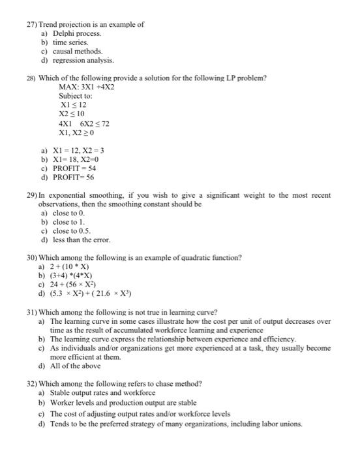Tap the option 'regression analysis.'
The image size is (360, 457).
(x=83, y=59)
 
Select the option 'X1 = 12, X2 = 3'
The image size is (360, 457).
(x=78, y=150)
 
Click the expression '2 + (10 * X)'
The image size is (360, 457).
(x=70, y=267)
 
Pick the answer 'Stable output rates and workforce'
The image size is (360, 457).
(x=103, y=393)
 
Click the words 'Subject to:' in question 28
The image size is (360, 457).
(x=76, y=95)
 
